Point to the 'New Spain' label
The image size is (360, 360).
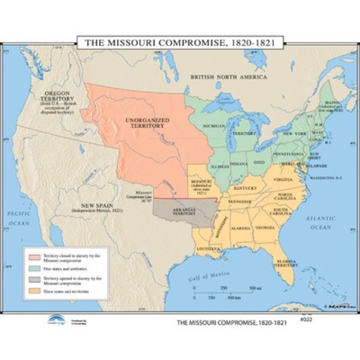point(103,207)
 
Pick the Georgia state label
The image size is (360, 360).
point(264,227)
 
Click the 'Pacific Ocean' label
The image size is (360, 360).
point(18,218)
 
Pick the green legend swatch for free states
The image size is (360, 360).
point(36,269)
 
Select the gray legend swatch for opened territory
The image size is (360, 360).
point(36,280)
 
